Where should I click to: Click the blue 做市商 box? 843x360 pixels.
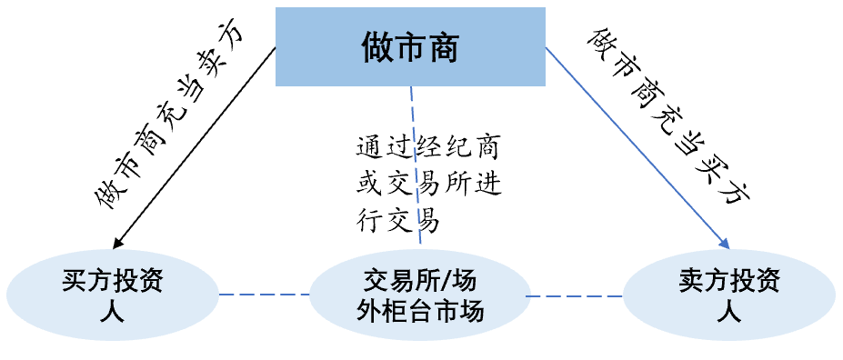(409, 46)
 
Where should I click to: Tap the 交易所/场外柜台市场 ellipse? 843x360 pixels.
(420, 295)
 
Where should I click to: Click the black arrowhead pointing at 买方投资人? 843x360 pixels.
(117, 243)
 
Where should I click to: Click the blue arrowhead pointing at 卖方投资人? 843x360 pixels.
(725, 243)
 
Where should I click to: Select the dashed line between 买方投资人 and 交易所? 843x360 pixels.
(264, 294)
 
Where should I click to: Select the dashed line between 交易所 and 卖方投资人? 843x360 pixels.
(575, 295)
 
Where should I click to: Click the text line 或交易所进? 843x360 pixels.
(428, 185)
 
